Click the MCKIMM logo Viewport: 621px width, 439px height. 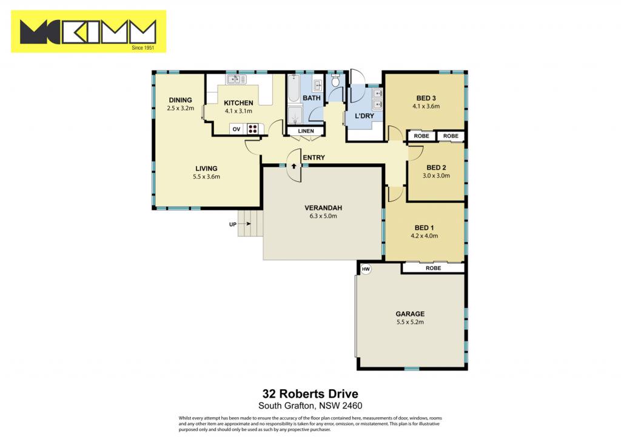[89, 32]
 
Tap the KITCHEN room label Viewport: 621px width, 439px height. [238, 103]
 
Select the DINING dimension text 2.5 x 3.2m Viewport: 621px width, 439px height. [181, 108]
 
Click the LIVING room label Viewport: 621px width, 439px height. [206, 169]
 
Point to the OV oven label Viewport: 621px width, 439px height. [237, 129]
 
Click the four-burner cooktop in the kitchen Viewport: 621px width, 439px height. [253, 129]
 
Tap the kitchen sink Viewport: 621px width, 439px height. [236, 79]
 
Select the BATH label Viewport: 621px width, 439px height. [312, 98]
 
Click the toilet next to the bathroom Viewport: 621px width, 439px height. [335, 81]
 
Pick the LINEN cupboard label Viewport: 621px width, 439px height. [306, 131]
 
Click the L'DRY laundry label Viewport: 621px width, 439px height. [364, 116]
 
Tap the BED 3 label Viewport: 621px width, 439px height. [426, 98]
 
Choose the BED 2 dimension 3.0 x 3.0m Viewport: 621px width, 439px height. [436, 176]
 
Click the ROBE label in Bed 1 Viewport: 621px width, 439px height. [433, 268]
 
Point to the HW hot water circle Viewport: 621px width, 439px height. [366, 269]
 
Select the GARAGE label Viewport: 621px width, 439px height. [410, 314]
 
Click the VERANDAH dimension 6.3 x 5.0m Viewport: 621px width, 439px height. [323, 216]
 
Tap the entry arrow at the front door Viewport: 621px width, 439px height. [294, 166]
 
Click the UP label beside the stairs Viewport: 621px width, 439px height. [233, 224]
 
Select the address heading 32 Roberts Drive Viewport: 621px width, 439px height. [310, 394]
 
